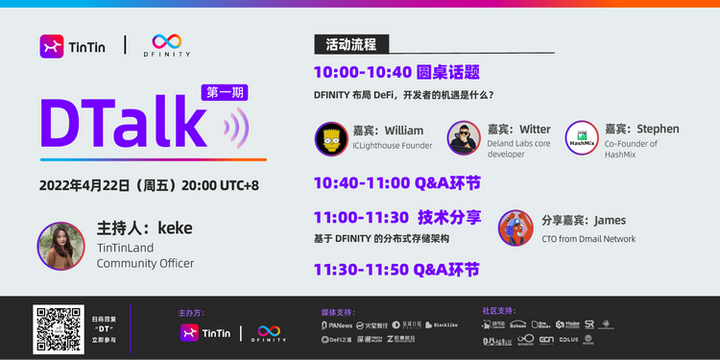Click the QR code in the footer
coord(56,327)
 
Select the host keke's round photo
coord(60,246)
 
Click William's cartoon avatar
coord(330,138)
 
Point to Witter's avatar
coord(463,138)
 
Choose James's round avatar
coord(514,227)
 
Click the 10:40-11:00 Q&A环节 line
coord(396,183)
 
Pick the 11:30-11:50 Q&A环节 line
coord(396,269)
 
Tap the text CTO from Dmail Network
coord(588,239)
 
